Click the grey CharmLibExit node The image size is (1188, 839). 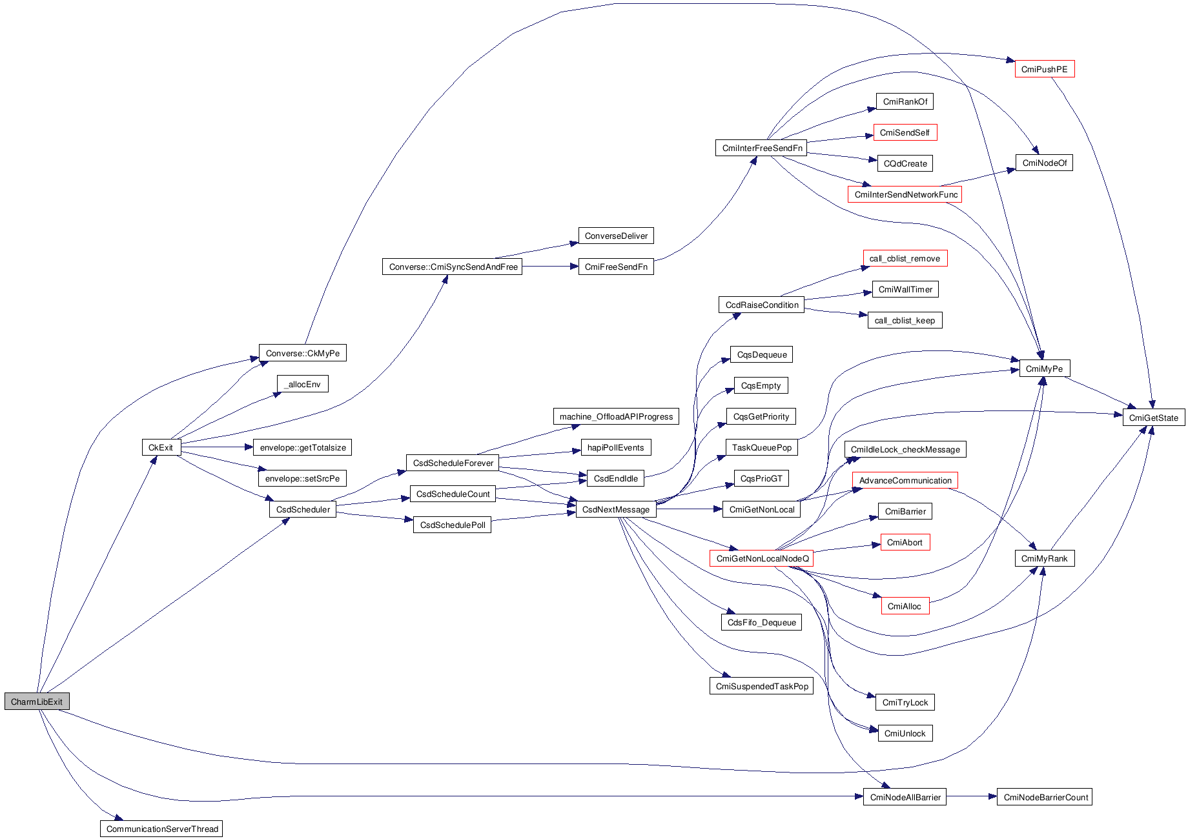coord(37,702)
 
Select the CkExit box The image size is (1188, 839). coord(161,447)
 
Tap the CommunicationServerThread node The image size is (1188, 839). coord(161,829)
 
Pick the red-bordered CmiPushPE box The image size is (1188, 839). coord(1044,69)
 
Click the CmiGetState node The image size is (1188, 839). coord(1153,418)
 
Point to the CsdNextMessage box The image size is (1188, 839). coord(615,509)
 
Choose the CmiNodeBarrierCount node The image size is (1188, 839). coord(1045,797)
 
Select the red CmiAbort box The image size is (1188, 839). coord(905,542)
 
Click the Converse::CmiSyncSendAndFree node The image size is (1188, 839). coord(453,267)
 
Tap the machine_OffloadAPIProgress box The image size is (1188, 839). coord(616,416)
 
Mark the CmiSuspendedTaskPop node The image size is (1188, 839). coord(762,686)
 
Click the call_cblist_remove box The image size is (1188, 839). coord(905,258)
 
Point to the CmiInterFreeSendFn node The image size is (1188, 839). coord(762,148)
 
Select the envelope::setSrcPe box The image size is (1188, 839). coord(302,478)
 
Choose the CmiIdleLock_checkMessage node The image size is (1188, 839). coord(905,449)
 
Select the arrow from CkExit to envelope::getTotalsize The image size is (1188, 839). coord(217,447)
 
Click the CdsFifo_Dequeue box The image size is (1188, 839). coord(761,622)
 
